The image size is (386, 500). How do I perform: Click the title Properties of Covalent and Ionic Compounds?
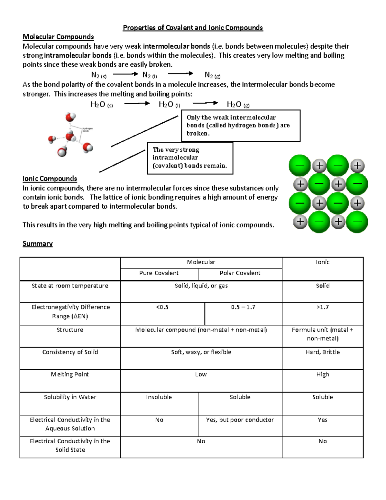(x=193, y=28)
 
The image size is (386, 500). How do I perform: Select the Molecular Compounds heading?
(x=58, y=37)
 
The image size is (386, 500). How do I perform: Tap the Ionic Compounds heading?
(x=50, y=179)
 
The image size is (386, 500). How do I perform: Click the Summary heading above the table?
(x=38, y=244)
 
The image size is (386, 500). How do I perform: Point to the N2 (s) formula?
(x=99, y=75)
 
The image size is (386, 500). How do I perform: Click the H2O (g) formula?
(x=238, y=104)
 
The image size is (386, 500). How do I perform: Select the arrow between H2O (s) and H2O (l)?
(x=137, y=103)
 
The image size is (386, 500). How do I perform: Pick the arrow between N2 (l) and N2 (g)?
(x=180, y=74)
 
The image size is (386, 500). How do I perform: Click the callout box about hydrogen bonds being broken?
(x=241, y=126)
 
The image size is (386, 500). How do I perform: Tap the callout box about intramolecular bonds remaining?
(x=190, y=158)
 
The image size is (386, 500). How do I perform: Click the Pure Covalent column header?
(x=159, y=273)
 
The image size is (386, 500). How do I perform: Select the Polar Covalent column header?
(x=240, y=273)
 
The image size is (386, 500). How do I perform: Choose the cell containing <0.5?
(x=162, y=307)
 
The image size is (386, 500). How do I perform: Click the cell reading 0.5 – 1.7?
(x=243, y=307)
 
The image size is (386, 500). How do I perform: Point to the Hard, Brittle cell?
(x=323, y=352)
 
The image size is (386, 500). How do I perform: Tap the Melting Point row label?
(x=70, y=374)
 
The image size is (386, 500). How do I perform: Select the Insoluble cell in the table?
(x=159, y=397)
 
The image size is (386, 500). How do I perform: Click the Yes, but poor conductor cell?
(x=240, y=420)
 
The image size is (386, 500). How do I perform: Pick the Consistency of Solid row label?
(x=70, y=352)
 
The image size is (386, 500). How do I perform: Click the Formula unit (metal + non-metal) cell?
(x=323, y=334)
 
